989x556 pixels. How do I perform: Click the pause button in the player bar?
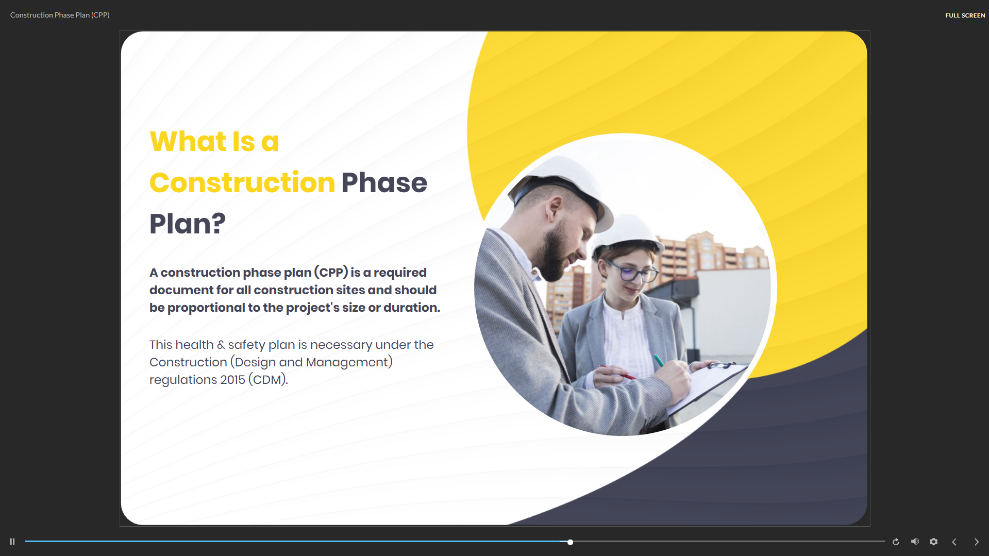click(12, 542)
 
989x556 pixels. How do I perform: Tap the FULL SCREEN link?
click(965, 15)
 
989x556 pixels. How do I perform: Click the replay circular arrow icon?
click(896, 542)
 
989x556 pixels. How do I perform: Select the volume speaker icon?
click(915, 542)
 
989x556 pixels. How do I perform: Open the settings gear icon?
click(933, 542)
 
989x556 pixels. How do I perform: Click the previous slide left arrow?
click(954, 542)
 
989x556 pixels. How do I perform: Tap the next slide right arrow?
click(976, 542)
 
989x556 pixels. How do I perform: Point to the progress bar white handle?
click(570, 542)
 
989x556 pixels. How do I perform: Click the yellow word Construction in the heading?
click(242, 183)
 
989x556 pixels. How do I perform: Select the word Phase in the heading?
click(384, 183)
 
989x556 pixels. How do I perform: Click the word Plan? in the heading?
click(188, 224)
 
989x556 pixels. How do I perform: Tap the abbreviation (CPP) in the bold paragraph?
click(331, 272)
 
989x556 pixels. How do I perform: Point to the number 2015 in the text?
click(232, 380)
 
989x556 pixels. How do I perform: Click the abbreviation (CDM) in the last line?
click(267, 380)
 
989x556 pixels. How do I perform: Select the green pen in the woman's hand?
click(659, 360)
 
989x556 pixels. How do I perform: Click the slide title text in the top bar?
click(60, 15)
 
